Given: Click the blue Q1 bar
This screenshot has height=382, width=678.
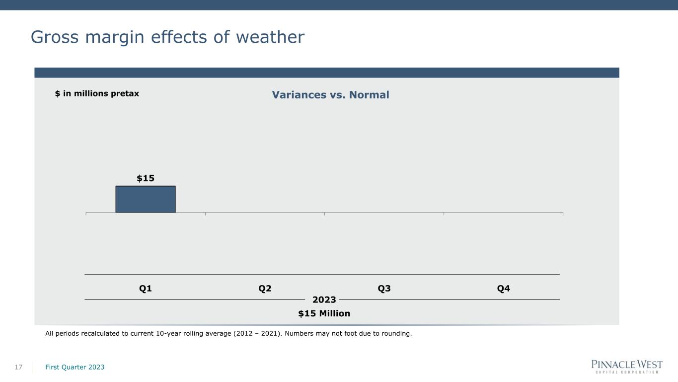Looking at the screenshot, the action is tap(146, 199).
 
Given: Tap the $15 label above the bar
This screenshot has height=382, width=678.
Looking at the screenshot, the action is tap(146, 178).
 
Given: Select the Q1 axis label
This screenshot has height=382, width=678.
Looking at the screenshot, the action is tap(145, 288).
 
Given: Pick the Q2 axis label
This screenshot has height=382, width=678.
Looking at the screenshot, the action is tap(265, 288).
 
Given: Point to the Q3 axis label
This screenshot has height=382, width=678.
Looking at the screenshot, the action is tap(384, 288).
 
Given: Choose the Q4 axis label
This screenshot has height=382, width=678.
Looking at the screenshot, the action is tap(503, 288).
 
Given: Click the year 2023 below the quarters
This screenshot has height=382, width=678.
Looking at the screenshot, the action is tap(324, 300).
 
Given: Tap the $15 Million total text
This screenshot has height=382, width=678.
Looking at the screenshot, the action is tap(324, 313).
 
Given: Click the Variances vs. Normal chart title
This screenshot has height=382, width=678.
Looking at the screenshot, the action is tap(330, 95).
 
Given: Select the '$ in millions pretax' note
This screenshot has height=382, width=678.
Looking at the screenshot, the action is tap(97, 94).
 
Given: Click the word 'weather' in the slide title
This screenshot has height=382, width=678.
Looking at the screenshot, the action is tap(270, 37).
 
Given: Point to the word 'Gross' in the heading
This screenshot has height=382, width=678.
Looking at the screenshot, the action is tap(55, 37).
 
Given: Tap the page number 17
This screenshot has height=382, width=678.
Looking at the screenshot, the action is tap(18, 367).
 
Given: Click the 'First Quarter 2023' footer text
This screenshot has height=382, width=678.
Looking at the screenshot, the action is tap(75, 367).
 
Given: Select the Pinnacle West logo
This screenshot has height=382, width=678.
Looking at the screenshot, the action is tap(627, 367).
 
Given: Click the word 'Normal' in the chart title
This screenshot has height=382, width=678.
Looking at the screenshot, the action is tap(369, 95).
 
